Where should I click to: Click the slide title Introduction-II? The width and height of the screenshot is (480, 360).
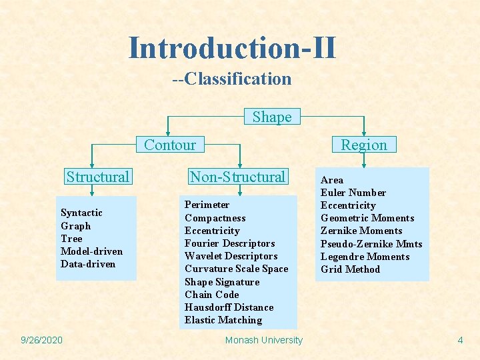[x=232, y=48]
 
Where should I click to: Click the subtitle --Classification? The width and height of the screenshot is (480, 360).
[x=232, y=79]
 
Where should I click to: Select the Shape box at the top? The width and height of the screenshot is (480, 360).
[x=272, y=117]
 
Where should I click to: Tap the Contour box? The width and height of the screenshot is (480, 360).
[x=170, y=145]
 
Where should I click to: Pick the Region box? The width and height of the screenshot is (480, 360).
[x=364, y=145]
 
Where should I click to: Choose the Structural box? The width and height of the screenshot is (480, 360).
[x=97, y=177]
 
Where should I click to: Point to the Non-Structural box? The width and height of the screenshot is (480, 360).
[x=237, y=177]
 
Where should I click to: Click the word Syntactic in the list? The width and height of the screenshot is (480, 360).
[x=81, y=213]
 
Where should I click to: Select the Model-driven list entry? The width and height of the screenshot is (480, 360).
[x=91, y=251]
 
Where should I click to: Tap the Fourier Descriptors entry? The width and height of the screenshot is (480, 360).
[x=229, y=243]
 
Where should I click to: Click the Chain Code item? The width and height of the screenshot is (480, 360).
[x=211, y=295]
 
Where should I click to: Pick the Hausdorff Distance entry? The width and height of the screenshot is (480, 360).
[x=229, y=307]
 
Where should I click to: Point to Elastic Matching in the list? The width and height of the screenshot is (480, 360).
[x=223, y=320]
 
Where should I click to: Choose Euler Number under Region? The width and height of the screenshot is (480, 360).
[x=353, y=193]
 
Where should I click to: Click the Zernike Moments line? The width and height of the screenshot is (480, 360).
[x=361, y=231]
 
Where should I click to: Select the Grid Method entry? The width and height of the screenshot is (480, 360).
[x=350, y=269]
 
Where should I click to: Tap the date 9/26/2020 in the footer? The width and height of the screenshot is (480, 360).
[x=41, y=340]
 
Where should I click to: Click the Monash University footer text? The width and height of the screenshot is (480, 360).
[x=264, y=340]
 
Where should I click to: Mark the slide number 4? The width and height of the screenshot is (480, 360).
[x=460, y=340]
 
